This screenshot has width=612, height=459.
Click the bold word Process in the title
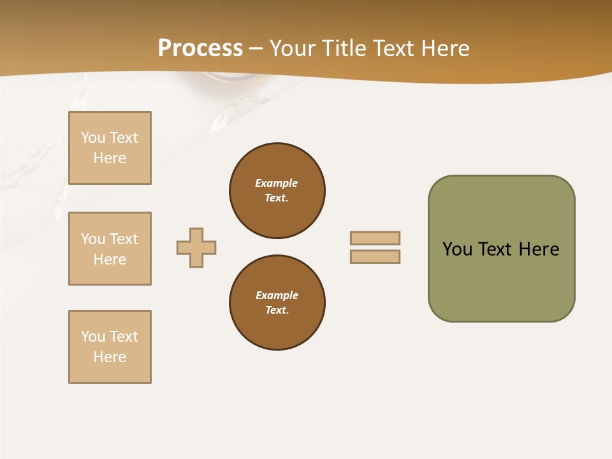click(x=200, y=48)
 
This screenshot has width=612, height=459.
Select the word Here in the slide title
click(x=444, y=48)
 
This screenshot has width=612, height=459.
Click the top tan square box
click(x=110, y=148)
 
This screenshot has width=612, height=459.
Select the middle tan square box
click(x=110, y=249)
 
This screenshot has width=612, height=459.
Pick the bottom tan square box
click(x=110, y=347)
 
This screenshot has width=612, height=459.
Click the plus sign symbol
click(x=196, y=247)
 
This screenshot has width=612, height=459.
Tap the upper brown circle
click(x=277, y=191)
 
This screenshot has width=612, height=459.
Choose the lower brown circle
click(x=277, y=303)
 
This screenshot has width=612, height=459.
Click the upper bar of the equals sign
click(x=375, y=238)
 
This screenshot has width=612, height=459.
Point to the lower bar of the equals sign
click(x=375, y=256)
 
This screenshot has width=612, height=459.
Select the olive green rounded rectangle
click(x=501, y=249)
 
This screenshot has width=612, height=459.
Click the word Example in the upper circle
click(x=277, y=183)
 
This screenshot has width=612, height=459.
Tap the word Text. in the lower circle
click(x=277, y=310)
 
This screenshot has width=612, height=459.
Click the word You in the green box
click(x=457, y=249)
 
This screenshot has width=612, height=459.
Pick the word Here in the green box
click(x=539, y=249)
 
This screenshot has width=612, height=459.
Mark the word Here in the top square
click(x=110, y=158)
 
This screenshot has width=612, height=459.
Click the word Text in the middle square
click(x=124, y=239)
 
